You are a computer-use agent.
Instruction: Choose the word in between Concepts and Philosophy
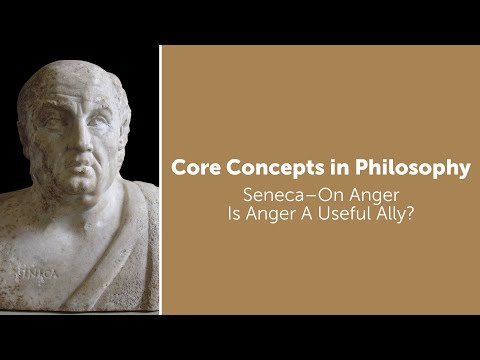click(341, 169)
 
